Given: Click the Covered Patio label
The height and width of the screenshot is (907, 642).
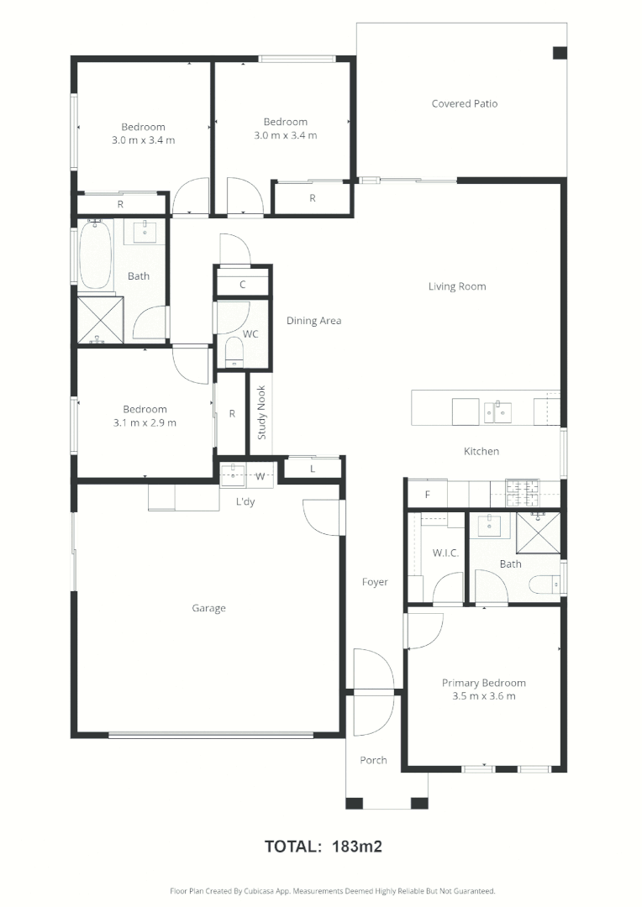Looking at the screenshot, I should point(464,104).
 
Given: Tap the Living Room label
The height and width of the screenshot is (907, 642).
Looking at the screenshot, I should point(457,286).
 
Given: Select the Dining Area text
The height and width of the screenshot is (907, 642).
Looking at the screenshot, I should point(313,321).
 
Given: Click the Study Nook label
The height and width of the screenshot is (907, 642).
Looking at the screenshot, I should point(261,412).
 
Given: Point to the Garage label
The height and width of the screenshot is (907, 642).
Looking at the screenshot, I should point(208,609).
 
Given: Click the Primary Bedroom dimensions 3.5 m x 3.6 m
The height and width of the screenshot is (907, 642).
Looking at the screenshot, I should point(483,696).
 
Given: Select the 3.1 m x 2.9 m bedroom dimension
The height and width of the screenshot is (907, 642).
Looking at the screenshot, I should point(144,423).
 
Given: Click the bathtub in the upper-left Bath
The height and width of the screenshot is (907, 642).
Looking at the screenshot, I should point(96,254).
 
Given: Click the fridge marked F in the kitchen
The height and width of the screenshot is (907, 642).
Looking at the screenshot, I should point(427,495).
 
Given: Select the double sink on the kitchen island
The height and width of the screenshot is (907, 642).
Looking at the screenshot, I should point(497,412).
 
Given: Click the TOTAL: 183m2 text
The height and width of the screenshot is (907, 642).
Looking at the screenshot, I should point(324,847).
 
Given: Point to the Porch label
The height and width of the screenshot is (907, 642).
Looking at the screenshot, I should point(373,761).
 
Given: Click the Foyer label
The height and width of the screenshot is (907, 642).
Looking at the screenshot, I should point(375,582).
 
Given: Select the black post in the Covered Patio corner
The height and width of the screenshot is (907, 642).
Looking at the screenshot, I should point(560,53).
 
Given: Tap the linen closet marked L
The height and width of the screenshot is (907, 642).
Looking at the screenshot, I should point(313,469).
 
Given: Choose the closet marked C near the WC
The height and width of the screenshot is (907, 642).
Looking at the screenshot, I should point(242,285).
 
